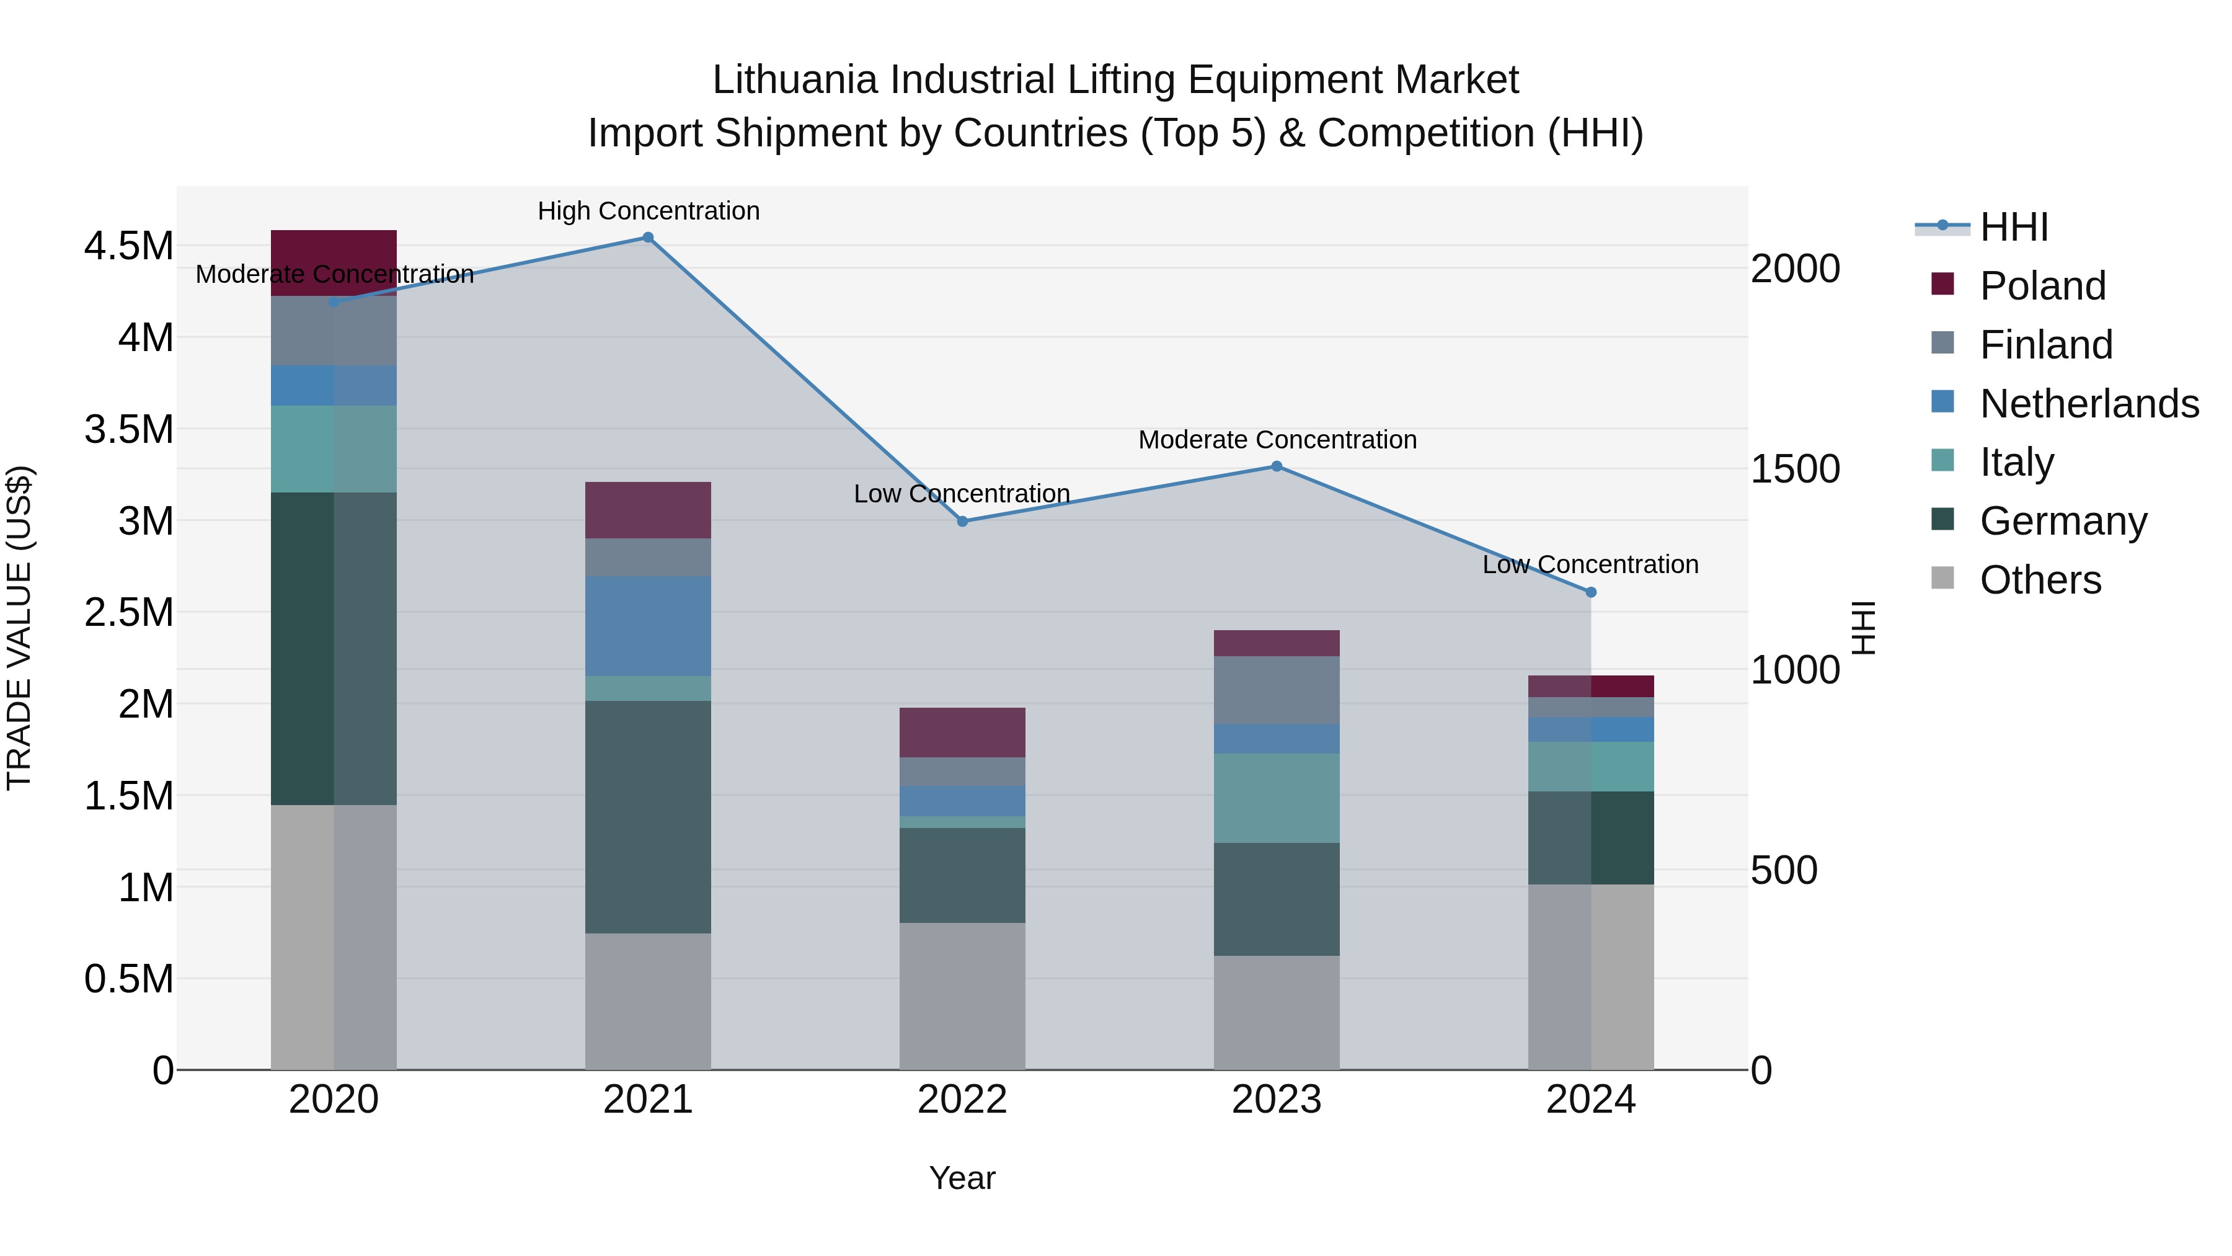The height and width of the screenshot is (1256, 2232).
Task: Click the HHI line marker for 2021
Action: point(647,238)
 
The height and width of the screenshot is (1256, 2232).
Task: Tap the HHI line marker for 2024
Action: point(1591,592)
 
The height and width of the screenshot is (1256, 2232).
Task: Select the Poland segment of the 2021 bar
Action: point(647,510)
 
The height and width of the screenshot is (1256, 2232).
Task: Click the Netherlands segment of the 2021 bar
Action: point(647,626)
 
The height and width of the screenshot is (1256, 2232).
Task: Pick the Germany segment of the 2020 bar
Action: point(334,648)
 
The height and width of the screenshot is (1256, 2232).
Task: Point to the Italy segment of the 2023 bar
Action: point(1277,798)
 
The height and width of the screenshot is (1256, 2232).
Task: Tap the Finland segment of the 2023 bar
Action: point(1277,689)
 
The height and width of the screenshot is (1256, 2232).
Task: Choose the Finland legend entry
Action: point(2045,345)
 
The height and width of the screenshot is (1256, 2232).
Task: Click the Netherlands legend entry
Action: point(2088,404)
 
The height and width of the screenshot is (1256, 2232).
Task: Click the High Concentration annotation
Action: point(648,211)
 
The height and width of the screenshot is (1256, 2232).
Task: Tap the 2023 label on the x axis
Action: point(1277,1100)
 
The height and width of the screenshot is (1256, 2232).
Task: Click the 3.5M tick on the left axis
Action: point(129,429)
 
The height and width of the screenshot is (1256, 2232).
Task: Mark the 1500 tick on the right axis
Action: point(1794,469)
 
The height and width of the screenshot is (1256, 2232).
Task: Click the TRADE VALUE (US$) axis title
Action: point(19,628)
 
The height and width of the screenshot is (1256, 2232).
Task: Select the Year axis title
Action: point(962,1178)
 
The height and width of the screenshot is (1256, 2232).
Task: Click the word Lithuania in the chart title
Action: point(795,80)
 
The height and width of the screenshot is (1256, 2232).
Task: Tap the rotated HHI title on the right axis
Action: point(1863,628)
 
